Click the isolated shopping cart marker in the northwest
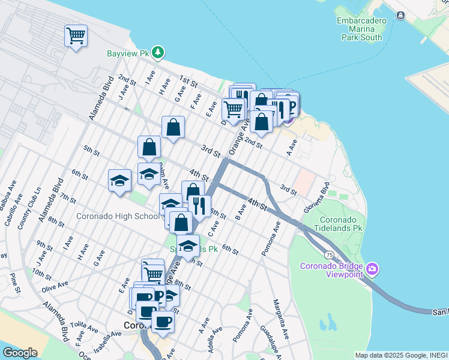[76, 36]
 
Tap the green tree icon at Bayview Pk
[158, 53]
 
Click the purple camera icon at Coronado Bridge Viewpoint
[372, 268]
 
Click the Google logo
[20, 353]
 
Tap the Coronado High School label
[118, 216]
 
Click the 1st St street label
[189, 82]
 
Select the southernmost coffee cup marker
[163, 322]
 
